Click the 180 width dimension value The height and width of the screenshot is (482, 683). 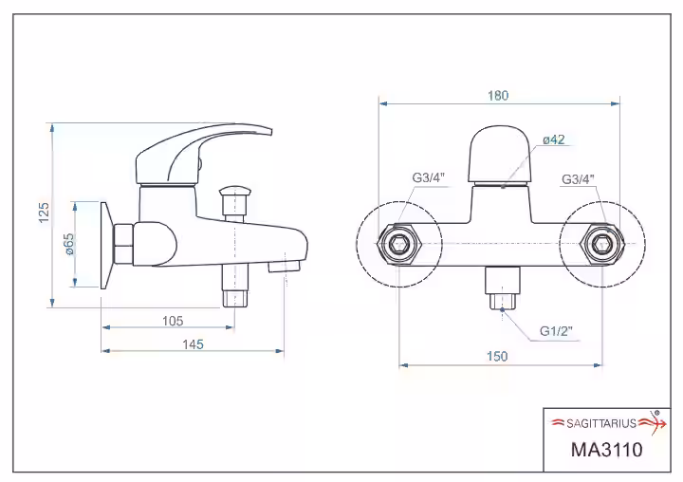[x=498, y=96]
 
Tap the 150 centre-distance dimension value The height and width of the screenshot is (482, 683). [x=497, y=357]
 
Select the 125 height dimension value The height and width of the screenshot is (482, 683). [x=44, y=213]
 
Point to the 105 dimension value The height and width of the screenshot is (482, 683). [x=173, y=322]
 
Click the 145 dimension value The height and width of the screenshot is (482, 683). [x=193, y=344]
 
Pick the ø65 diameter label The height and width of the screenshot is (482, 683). [x=69, y=245]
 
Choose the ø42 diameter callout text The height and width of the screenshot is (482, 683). [x=554, y=139]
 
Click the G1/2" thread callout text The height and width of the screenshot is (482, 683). [x=556, y=331]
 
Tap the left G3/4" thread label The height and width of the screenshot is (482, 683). [x=428, y=177]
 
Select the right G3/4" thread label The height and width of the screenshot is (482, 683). [x=578, y=179]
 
